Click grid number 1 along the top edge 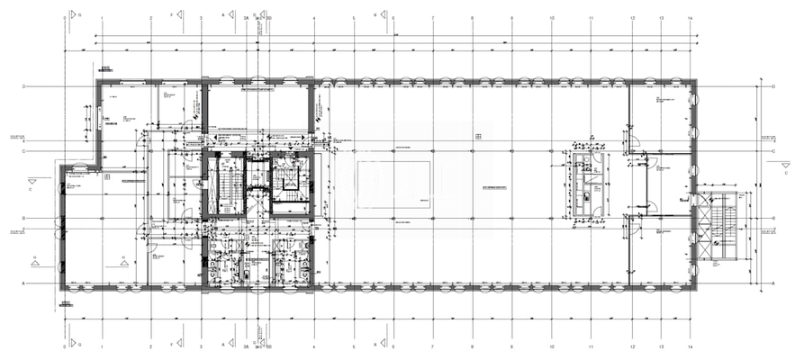(102, 18)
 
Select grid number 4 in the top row (313, 18)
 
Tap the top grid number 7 (433, 18)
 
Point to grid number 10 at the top (551, 18)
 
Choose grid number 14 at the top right (690, 18)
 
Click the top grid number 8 (473, 18)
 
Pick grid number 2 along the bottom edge (150, 345)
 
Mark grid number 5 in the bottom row (354, 345)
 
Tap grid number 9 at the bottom (512, 345)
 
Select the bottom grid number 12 (633, 345)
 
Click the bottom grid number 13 (661, 345)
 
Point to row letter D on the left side (23, 86)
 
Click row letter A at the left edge (23, 283)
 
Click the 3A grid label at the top (246, 18)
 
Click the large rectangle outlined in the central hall (394, 184)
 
